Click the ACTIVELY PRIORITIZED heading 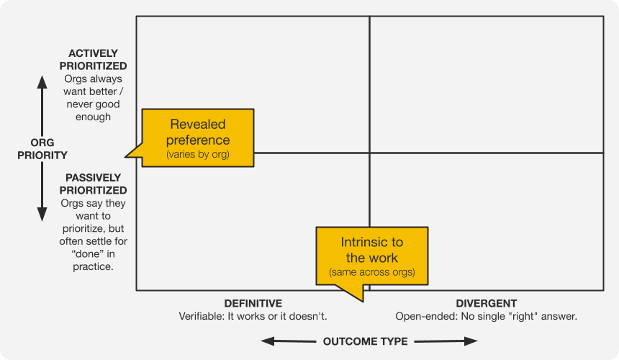pyautogui.click(x=93, y=60)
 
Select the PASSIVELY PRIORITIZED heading pyautogui.click(x=93, y=184)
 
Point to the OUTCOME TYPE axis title pyautogui.click(x=365, y=341)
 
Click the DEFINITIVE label pyautogui.click(x=253, y=303)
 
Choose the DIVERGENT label pyautogui.click(x=487, y=303)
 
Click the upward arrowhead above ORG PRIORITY pyautogui.click(x=42, y=84)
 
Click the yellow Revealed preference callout pyautogui.click(x=198, y=138)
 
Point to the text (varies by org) pyautogui.click(x=198, y=154)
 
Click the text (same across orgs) pyautogui.click(x=372, y=273)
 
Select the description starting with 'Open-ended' pyautogui.click(x=487, y=316)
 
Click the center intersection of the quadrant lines pyautogui.click(x=370, y=153)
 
